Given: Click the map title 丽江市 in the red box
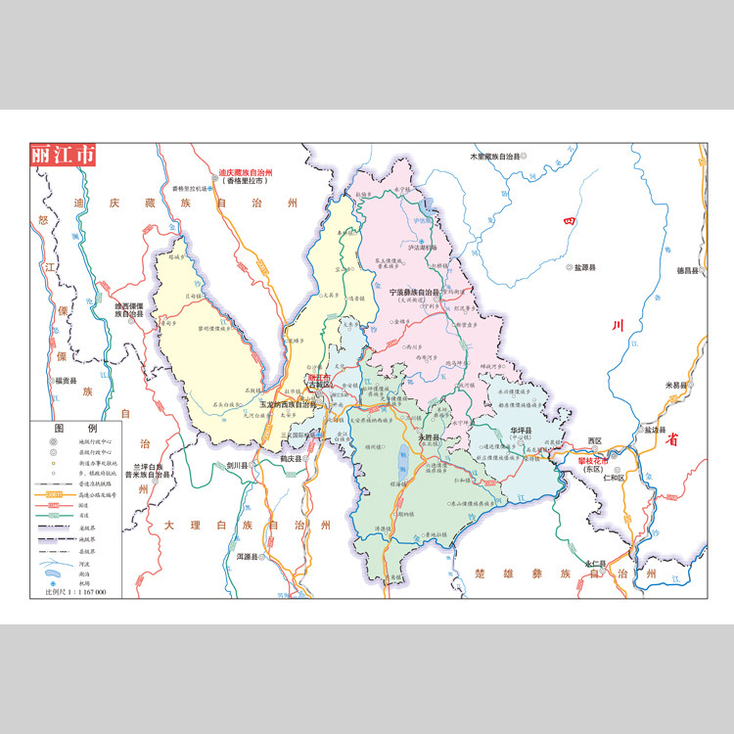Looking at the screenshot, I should (x=64, y=155).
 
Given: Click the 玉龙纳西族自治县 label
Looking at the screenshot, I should (x=289, y=403).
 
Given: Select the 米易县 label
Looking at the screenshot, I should (x=678, y=385).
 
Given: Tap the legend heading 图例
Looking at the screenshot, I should (x=89, y=429).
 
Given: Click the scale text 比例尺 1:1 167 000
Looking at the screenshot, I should (x=75, y=592).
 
